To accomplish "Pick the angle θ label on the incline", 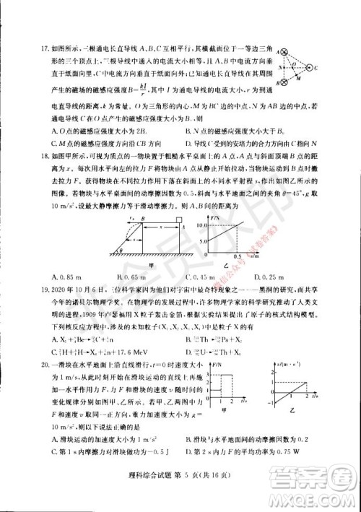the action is coord(123,247).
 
